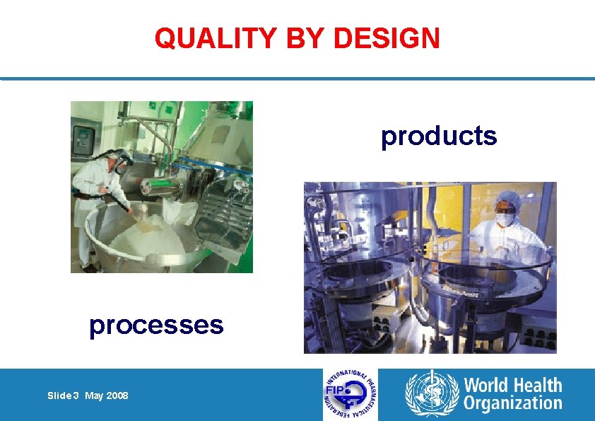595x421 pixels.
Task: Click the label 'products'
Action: [x=439, y=136]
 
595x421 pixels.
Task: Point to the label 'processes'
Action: [x=156, y=325]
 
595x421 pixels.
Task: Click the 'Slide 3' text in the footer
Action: [x=64, y=396]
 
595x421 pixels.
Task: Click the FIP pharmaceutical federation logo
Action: [x=350, y=394]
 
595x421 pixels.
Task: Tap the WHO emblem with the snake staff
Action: [x=431, y=394]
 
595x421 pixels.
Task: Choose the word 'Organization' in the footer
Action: [x=512, y=404]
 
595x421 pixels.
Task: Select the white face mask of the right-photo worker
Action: [x=504, y=219]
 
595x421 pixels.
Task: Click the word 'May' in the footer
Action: [x=94, y=396]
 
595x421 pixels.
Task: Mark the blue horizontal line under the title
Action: [x=297, y=79]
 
